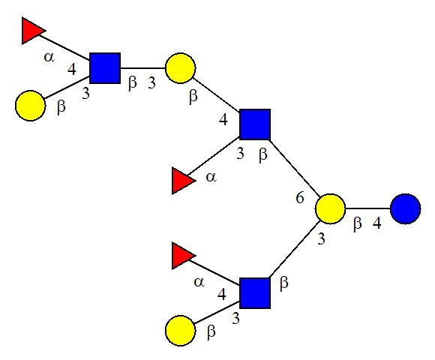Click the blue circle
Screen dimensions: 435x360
(405, 208)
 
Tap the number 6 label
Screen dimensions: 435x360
(300, 198)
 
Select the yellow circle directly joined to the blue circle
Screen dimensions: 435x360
(330, 208)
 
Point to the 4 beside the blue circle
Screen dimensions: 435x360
(377, 223)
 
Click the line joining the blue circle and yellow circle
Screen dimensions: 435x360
(367, 208)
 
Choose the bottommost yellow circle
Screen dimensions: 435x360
(180, 331)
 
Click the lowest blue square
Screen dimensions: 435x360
(255, 293)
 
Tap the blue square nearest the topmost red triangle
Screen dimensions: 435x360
(105, 68)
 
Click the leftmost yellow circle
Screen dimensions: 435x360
(30, 106)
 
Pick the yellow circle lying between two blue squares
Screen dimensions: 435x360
(180, 68)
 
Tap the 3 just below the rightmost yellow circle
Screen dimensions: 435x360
(321, 238)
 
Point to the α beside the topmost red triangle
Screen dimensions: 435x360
(49, 58)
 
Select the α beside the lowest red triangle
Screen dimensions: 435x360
(199, 282)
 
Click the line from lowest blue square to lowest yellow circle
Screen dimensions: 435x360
(217, 312)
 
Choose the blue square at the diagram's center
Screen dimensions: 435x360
(255, 124)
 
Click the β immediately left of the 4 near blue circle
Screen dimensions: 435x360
(358, 223)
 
